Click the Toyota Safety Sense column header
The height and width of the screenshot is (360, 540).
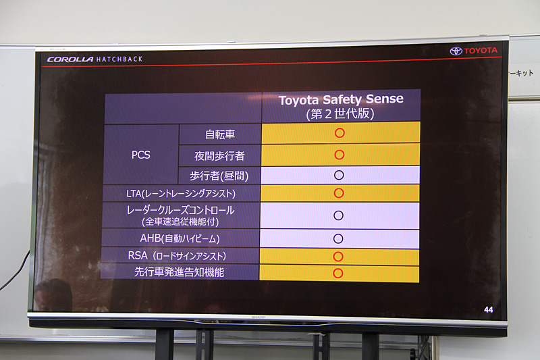pyautogui.click(x=341, y=106)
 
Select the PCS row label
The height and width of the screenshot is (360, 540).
pyautogui.click(x=141, y=155)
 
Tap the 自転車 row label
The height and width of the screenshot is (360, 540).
pyautogui.click(x=219, y=134)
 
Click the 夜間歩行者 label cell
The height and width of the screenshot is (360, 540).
pyautogui.click(x=219, y=155)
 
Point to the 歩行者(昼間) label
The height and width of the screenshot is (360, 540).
pyautogui.click(x=219, y=175)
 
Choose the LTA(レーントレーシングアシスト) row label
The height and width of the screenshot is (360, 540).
pyautogui.click(x=181, y=194)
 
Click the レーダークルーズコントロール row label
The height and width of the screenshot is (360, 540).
pyautogui.click(x=181, y=215)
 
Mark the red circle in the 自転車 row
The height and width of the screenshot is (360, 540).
pyautogui.click(x=340, y=133)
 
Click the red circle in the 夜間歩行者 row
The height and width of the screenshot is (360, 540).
pyautogui.click(x=340, y=155)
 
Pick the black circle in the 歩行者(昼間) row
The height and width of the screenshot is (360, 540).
pyautogui.click(x=339, y=175)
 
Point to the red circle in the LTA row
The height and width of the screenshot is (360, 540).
pyautogui.click(x=339, y=193)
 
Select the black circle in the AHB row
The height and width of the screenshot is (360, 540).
pyautogui.click(x=338, y=238)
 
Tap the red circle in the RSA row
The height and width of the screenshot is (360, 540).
pyautogui.click(x=338, y=257)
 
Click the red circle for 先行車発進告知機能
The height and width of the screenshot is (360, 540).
pyautogui.click(x=338, y=274)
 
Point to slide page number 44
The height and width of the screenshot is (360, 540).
pyautogui.click(x=489, y=309)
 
